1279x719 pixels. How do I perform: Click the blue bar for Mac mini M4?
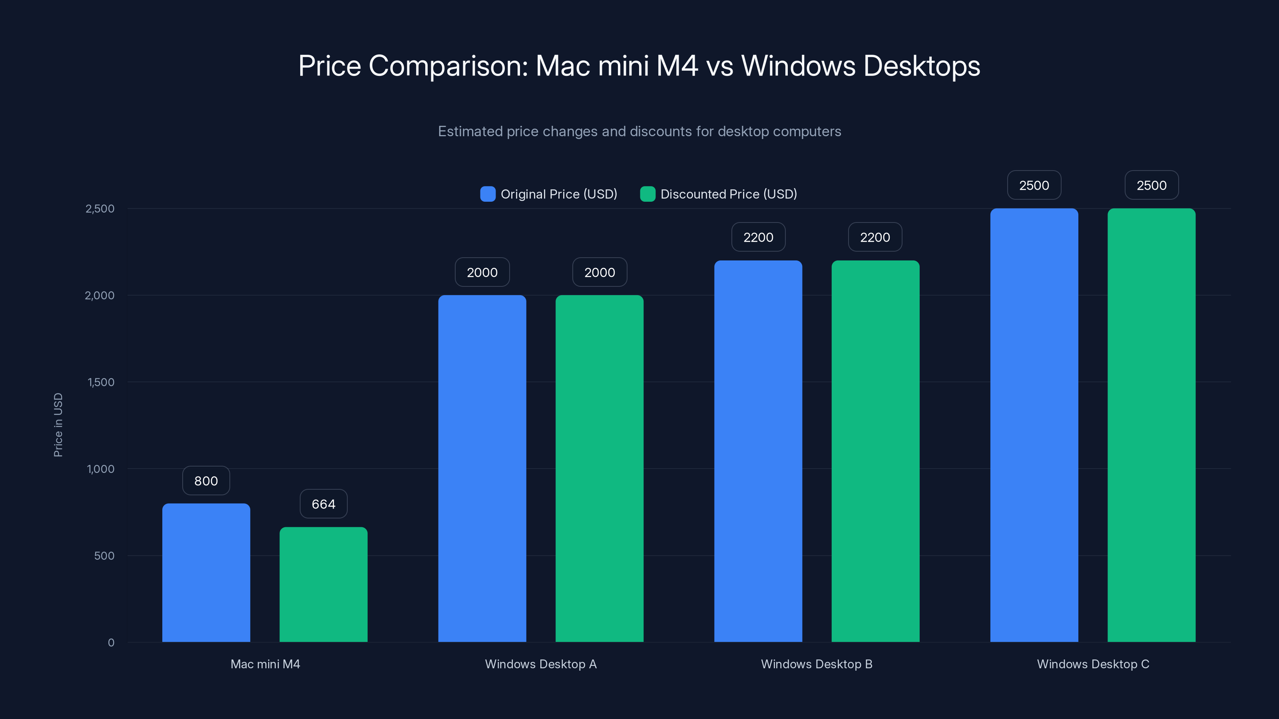click(206, 573)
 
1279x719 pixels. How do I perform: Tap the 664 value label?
click(323, 504)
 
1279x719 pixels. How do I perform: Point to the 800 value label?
click(206, 481)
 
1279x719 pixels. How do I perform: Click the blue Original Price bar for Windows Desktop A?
click(482, 469)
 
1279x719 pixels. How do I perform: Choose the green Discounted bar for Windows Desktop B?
click(875, 451)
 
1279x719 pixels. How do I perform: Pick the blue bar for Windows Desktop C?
click(1034, 425)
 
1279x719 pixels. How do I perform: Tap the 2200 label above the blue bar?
click(758, 237)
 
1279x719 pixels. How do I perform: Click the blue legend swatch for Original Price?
click(488, 194)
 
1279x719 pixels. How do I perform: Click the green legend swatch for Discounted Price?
click(647, 194)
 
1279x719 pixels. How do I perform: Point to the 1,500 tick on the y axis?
click(101, 382)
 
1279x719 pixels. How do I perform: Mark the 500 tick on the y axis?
click(104, 556)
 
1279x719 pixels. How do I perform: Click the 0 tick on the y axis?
click(111, 643)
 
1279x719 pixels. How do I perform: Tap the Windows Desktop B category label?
click(816, 664)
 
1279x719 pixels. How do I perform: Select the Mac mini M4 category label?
click(265, 664)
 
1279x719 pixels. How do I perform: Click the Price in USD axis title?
click(58, 425)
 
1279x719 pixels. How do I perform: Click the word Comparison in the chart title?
click(448, 66)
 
